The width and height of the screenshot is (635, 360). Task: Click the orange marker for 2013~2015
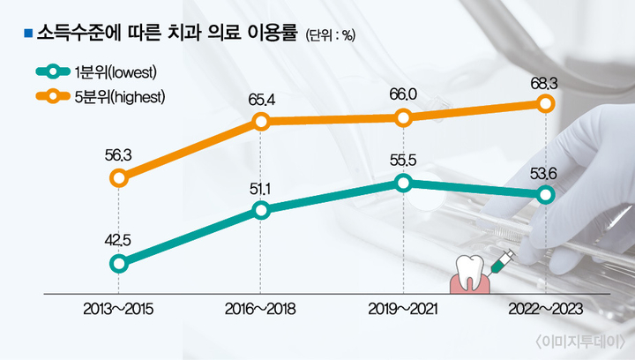point(120,178)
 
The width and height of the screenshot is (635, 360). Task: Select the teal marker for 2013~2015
point(120,263)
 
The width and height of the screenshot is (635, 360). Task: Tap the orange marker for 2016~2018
point(261,123)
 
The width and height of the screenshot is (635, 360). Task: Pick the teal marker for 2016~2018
point(261,210)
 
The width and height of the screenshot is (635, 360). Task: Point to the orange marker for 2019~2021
point(403,117)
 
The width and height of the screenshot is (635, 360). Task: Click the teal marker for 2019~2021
point(403,183)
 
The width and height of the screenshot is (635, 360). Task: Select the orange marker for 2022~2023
point(545,104)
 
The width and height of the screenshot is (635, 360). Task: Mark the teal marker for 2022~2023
point(545,194)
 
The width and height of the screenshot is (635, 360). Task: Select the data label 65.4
point(261,99)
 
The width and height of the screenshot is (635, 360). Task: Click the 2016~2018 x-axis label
point(261,310)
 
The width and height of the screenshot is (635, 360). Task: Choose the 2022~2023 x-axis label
point(545,310)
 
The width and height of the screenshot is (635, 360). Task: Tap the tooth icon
point(469,273)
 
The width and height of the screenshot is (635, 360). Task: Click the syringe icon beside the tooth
point(504,259)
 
